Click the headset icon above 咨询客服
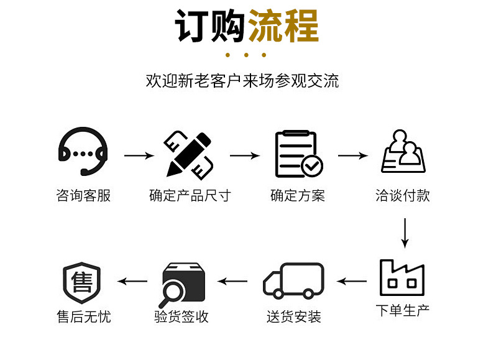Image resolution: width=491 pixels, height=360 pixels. click(83, 152)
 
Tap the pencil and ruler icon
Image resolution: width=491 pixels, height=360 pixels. click(189, 154)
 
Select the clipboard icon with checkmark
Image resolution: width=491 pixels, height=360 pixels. click(298, 154)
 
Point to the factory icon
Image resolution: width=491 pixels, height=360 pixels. click(402, 277)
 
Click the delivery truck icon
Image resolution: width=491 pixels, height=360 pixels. click(294, 281)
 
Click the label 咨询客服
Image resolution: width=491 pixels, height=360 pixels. click(83, 196)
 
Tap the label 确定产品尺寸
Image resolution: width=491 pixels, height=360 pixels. click(190, 196)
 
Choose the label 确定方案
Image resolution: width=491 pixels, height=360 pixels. click(298, 196)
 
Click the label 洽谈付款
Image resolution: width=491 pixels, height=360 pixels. click(403, 196)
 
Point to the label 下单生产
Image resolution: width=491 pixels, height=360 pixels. click(403, 309)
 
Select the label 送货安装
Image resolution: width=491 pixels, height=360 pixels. click(294, 317)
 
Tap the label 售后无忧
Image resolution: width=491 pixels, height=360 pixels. click(83, 317)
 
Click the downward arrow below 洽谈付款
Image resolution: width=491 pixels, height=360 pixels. click(405, 233)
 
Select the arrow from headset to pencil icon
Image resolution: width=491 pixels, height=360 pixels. click(138, 155)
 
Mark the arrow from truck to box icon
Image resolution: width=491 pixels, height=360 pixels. click(232, 281)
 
